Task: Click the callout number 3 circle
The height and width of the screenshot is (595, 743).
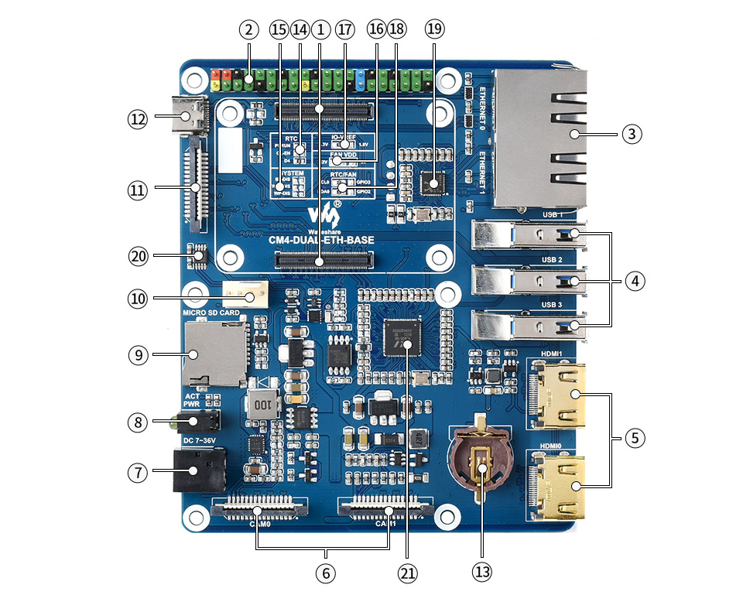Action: (x=632, y=134)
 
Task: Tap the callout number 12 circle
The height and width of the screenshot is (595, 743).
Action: (x=138, y=119)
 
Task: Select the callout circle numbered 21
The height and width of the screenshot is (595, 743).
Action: (x=407, y=573)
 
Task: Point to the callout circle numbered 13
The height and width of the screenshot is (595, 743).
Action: (x=481, y=573)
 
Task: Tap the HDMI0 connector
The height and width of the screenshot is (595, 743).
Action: (x=559, y=485)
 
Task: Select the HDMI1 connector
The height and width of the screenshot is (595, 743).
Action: (x=559, y=395)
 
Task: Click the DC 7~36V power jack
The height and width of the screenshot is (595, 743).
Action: (x=198, y=470)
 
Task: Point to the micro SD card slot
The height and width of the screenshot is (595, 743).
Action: (x=214, y=354)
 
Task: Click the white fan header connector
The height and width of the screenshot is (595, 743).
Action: (x=245, y=295)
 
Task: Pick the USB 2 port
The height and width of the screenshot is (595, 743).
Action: (x=526, y=279)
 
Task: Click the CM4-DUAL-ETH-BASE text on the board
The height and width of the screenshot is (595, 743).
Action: (x=321, y=241)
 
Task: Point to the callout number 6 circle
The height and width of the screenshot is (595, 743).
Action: (x=325, y=573)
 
